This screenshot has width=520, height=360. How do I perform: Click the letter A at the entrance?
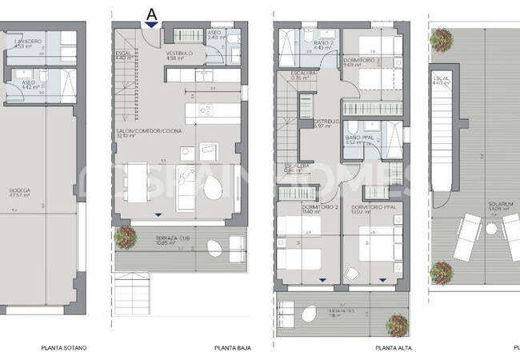click(151, 13)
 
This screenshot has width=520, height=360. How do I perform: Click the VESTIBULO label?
click(176, 54)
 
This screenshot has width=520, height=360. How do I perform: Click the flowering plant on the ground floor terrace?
click(125, 235)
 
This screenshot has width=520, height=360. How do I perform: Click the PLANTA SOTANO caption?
click(64, 348)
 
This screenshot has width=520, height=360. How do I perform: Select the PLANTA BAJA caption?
click(229, 348)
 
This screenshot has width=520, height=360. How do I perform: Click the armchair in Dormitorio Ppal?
click(353, 274)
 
